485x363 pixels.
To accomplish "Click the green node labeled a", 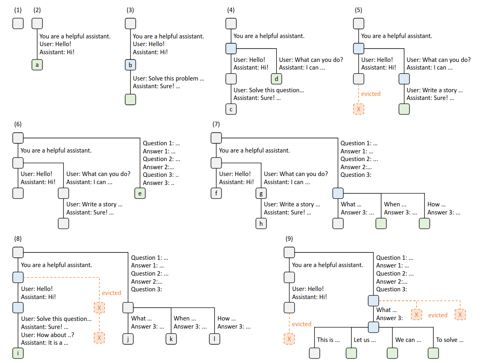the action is click(37, 65).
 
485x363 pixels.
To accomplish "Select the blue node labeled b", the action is click(131, 65).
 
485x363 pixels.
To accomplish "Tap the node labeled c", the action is click(231, 109).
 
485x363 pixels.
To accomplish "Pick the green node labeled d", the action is click(276, 79).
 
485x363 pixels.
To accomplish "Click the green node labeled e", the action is click(140, 193).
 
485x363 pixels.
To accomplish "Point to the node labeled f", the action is click(216, 193).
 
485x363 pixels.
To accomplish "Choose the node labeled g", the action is click(261, 193).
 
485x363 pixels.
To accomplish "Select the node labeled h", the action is click(261, 223).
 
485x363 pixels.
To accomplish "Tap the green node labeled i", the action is click(18, 353).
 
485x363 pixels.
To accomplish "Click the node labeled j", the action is click(128, 339).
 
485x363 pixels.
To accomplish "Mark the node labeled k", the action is click(171, 339).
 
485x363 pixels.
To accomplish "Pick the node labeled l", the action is click(214, 339).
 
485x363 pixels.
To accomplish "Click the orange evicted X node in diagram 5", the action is click(358, 109).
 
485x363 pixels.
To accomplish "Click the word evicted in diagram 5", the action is click(371, 94).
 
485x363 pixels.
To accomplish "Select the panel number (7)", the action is click(216, 124).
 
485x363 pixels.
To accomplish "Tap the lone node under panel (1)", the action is click(18, 23).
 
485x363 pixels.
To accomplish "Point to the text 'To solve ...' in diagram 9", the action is click(449, 340).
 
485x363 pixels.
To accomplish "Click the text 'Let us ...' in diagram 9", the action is click(365, 340).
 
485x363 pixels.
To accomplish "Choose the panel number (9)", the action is click(289, 238).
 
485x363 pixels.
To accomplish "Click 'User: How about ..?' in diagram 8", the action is click(48, 335).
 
